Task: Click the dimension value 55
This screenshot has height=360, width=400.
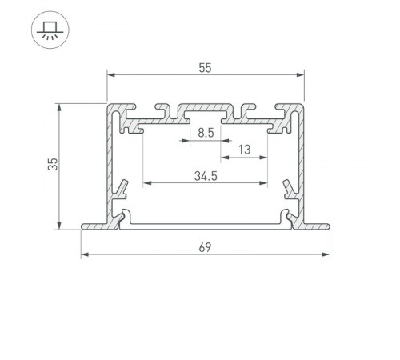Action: pyautogui.click(x=205, y=69)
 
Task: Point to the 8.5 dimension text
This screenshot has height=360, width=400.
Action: pyautogui.click(x=205, y=134)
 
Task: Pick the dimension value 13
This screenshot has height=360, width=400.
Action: pyautogui.click(x=245, y=149)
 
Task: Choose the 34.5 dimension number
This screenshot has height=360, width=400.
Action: pyautogui.click(x=205, y=174)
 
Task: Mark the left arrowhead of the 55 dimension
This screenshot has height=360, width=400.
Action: pyautogui.click(x=110, y=76)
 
